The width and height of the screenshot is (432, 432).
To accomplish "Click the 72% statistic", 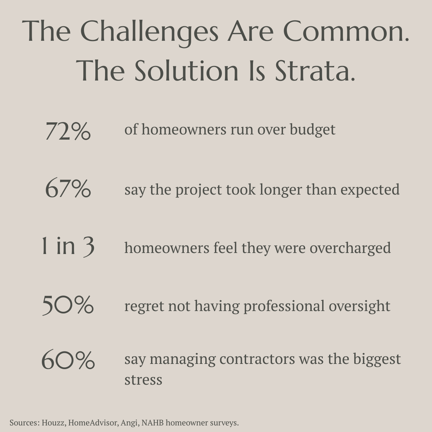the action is (68, 131).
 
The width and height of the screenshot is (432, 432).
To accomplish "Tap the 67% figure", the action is (68, 189).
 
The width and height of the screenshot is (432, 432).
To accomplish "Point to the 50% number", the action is (68, 305).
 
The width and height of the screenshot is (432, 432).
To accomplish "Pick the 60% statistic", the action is (68, 360).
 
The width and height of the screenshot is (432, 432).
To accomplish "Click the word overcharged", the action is (350, 248).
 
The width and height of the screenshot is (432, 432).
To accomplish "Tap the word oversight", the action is (359, 306).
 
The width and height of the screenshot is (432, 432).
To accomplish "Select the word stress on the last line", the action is (143, 380).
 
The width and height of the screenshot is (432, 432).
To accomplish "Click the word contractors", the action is (257, 359).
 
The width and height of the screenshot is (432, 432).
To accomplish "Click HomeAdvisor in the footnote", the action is (93, 423).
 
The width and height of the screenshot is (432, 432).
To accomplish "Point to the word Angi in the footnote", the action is (130, 423).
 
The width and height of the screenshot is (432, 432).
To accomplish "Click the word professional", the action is (284, 306).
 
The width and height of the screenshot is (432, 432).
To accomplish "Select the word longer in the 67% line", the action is (281, 190).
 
